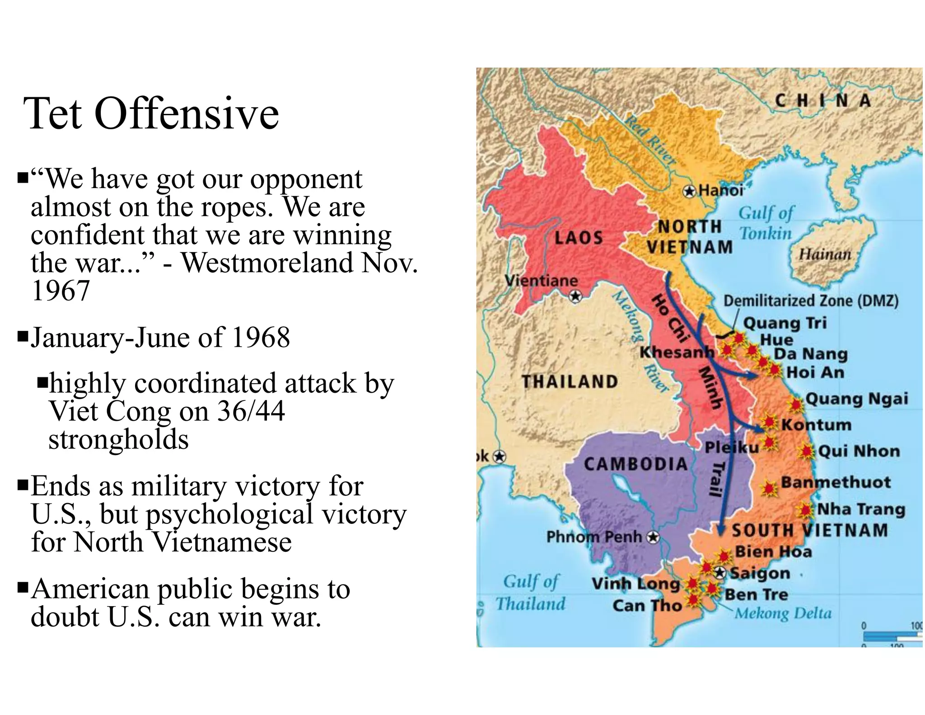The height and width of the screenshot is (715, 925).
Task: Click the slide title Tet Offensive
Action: pos(151,113)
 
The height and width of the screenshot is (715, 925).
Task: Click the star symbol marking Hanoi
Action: pos(689,192)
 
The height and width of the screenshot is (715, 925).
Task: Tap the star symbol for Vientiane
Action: pos(575,296)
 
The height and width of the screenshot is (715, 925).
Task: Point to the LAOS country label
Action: pos(579,238)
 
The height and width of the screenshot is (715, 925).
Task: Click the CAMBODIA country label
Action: pos(635,464)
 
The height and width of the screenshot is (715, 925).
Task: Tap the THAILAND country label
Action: pos(570,382)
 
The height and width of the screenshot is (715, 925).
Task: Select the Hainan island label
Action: pos(825,254)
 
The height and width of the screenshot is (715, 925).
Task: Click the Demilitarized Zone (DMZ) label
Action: pos(811,301)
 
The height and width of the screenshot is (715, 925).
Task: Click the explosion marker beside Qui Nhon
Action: pos(806,451)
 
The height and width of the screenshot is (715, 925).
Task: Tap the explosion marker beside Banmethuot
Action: pos(768,488)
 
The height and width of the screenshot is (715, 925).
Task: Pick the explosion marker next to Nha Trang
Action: pos(805,510)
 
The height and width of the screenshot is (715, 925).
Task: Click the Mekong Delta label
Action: pos(783,613)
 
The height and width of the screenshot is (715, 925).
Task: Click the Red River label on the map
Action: pos(650,140)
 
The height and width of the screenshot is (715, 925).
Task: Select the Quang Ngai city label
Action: pos(856,399)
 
